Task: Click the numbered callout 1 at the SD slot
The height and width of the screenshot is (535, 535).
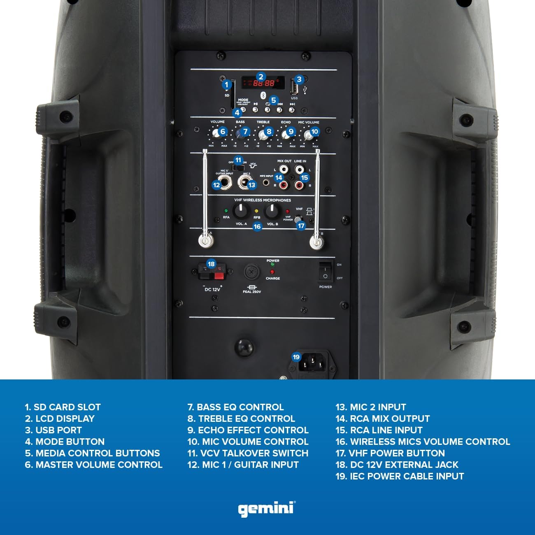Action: tap(226, 85)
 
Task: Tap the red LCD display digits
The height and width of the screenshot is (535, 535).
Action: tap(263, 83)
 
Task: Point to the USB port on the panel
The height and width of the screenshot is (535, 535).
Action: tap(294, 87)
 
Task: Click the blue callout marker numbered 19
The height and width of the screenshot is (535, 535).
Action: tap(296, 357)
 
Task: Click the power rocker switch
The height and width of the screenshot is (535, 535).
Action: tap(325, 272)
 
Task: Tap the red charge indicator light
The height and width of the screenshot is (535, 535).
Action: tap(272, 272)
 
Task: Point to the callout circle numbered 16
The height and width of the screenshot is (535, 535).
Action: tap(257, 226)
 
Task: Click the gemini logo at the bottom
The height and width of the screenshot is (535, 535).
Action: tap(267, 509)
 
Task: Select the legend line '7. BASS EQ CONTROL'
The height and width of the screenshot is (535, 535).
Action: tap(235, 407)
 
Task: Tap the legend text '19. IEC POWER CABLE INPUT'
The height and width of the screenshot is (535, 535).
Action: tap(400, 476)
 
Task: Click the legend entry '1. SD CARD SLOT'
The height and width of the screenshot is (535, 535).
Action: tap(63, 407)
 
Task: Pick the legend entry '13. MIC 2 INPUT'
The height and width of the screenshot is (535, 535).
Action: tap(371, 407)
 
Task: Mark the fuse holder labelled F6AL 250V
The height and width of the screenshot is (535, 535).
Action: tap(251, 272)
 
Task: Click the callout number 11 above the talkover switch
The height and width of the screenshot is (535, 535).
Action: tap(238, 160)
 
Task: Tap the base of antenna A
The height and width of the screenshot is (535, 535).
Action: tap(205, 240)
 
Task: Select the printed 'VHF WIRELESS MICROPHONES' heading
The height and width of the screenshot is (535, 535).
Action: tap(262, 200)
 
